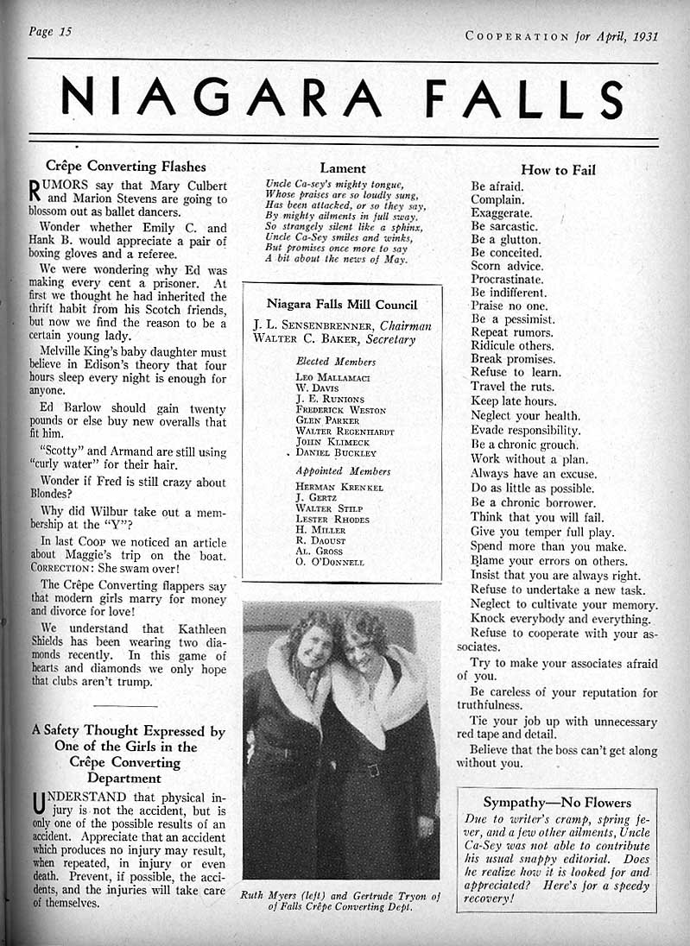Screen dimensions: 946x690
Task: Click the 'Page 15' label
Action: tap(50, 32)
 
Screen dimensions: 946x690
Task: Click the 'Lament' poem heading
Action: tap(343, 168)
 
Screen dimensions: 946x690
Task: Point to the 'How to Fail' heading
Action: tap(558, 170)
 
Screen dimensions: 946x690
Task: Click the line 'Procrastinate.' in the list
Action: tap(507, 280)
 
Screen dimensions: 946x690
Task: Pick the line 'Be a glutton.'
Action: tap(505, 239)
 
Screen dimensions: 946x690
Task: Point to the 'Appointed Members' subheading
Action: tap(343, 471)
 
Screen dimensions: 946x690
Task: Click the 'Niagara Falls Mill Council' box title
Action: tap(342, 304)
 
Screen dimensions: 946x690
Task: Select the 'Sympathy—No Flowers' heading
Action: tap(557, 803)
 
